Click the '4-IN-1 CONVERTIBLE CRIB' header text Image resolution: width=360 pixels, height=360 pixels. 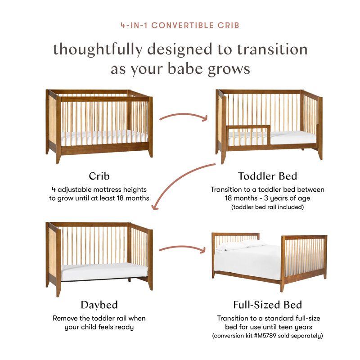pyautogui.click(x=180, y=25)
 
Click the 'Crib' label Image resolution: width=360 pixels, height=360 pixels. pyautogui.click(x=99, y=175)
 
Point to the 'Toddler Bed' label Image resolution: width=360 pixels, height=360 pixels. pyautogui.click(x=267, y=175)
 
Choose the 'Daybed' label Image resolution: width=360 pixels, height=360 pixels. pyautogui.click(x=99, y=305)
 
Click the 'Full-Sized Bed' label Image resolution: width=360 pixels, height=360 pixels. pyautogui.click(x=268, y=305)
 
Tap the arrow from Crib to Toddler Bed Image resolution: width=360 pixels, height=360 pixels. pyautogui.click(x=183, y=116)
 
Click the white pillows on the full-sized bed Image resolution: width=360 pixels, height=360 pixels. pyautogui.click(x=240, y=244)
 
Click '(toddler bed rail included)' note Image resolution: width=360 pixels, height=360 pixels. pyautogui.click(x=267, y=207)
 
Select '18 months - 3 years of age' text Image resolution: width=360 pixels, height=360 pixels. pyautogui.click(x=267, y=198)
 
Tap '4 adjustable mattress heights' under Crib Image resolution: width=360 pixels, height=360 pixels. pyautogui.click(x=99, y=189)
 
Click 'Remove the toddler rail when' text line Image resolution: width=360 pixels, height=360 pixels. pyautogui.click(x=99, y=318)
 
